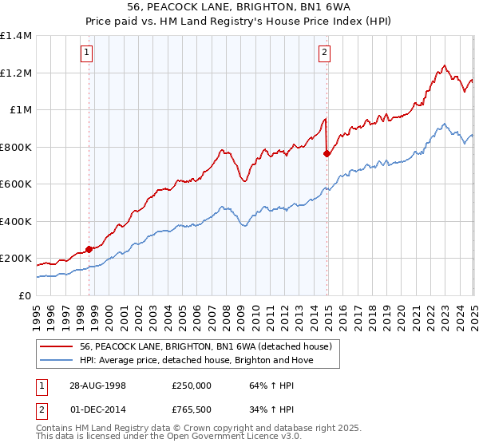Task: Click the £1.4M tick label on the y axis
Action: coord(16,36)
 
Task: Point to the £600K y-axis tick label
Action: coord(16,184)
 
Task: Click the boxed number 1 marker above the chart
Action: coord(85,53)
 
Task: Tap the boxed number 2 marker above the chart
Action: coord(325,53)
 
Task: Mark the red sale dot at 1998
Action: coord(89,249)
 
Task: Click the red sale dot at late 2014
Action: coord(327,153)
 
